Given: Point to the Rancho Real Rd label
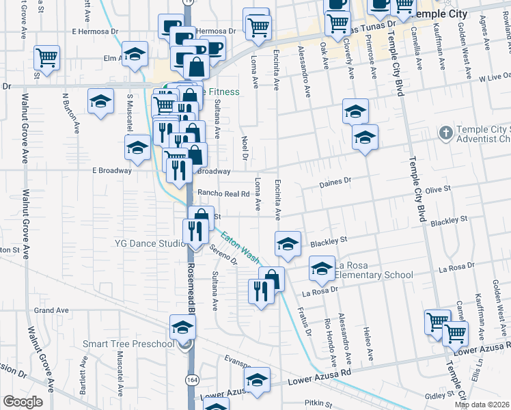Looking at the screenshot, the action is [223, 193].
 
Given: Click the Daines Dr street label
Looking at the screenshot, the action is [335, 182].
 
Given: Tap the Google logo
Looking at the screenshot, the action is [23, 402].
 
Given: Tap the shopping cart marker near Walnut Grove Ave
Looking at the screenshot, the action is [46, 58].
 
